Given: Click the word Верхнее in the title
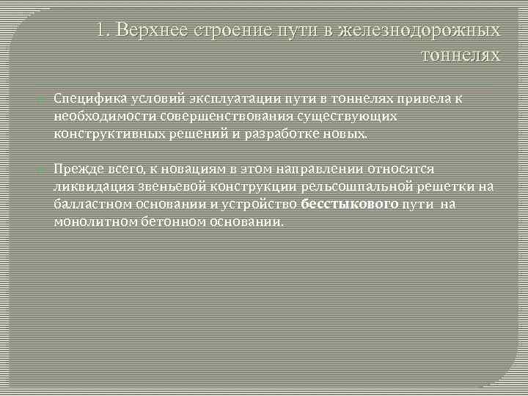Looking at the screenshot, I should pyautogui.click(x=150, y=31).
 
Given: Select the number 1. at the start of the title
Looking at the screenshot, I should pyautogui.click(x=103, y=31).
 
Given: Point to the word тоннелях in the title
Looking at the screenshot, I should pyautogui.click(x=461, y=55).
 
